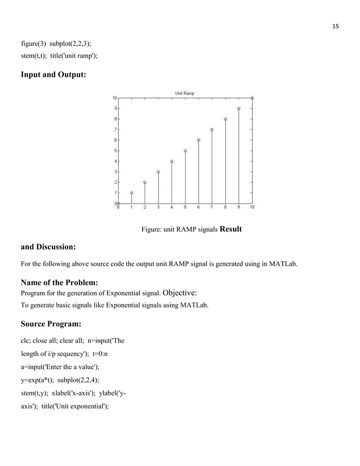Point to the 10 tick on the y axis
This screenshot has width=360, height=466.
tap(113, 98)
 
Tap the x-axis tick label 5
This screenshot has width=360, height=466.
tap(185, 207)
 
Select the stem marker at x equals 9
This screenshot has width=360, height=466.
tap(239, 108)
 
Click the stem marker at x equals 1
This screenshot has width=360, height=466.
tap(131, 192)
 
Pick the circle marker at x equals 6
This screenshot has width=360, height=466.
tap(199, 140)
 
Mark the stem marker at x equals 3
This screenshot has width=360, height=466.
tap(159, 172)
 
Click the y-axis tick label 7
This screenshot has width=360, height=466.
tap(115, 129)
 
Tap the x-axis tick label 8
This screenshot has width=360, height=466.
tap(225, 207)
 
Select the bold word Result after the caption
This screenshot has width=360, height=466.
tap(230, 229)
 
